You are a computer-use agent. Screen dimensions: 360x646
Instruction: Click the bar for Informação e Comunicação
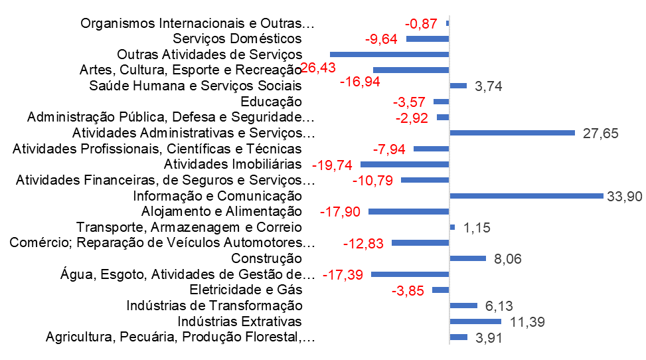526,196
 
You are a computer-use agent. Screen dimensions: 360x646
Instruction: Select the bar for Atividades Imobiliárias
404,164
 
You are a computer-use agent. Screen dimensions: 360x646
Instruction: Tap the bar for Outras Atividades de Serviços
389,54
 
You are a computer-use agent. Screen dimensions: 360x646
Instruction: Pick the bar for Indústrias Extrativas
476,321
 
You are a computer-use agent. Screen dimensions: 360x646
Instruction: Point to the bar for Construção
468,258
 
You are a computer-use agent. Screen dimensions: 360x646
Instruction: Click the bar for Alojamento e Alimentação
408,211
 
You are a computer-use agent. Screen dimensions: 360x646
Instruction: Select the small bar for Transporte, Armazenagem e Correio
452,227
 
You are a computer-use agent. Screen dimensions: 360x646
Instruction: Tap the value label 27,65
600,134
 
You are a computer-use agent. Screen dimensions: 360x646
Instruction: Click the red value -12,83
363,244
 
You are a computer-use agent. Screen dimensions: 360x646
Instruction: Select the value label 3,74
490,86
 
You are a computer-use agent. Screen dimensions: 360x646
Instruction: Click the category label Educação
271,102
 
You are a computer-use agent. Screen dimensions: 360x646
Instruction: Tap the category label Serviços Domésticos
237,39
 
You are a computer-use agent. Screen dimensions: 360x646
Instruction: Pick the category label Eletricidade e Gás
246,290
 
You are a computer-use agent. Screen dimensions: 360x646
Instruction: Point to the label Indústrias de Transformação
214,306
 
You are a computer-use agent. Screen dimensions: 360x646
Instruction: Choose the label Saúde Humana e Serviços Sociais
195,86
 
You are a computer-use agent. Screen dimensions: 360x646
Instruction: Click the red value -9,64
381,39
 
